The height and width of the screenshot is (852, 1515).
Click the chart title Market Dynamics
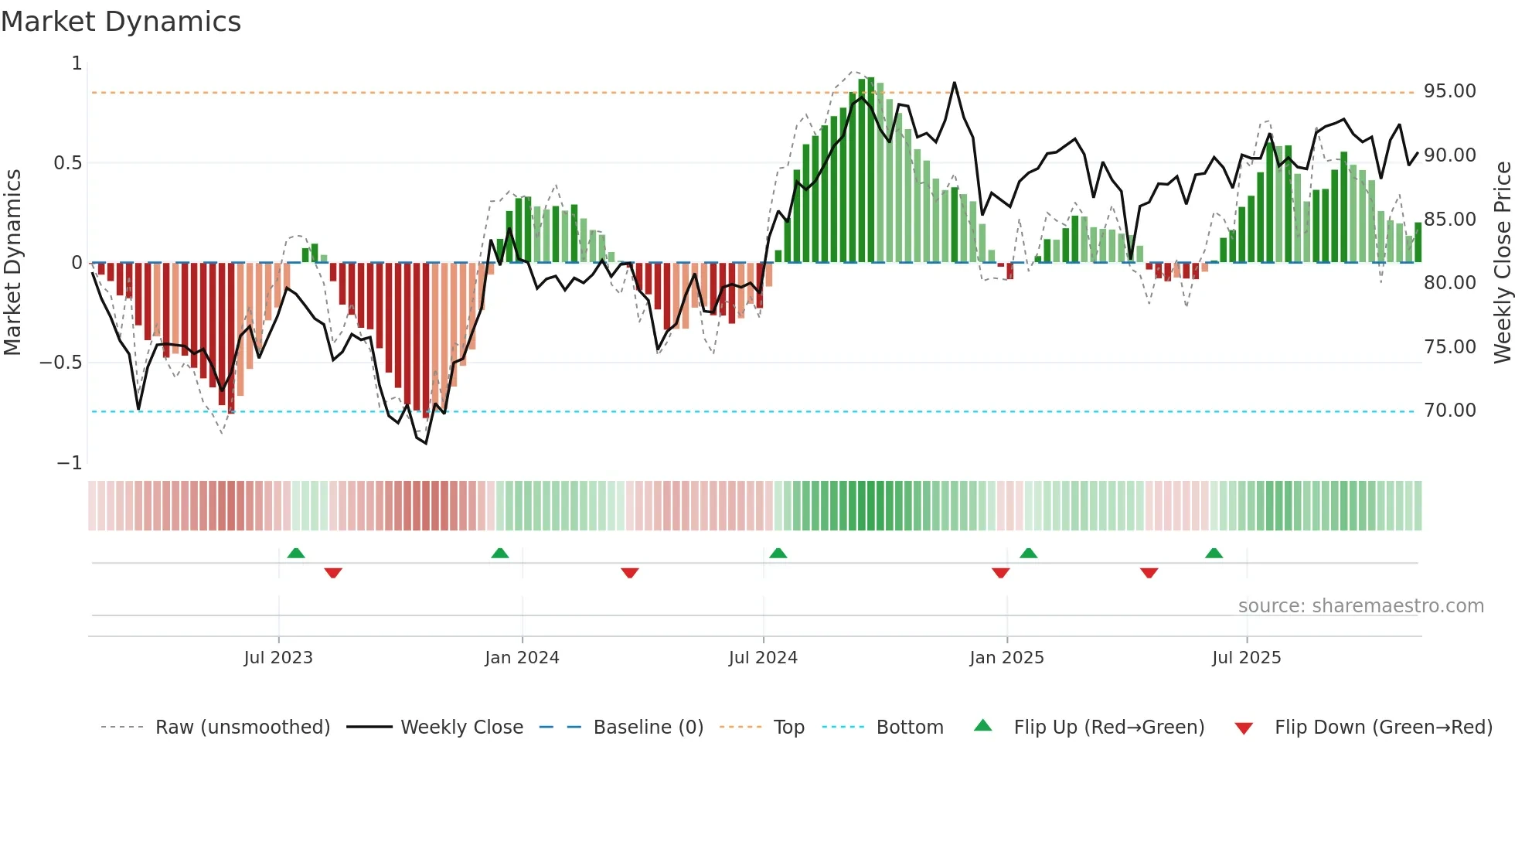121,22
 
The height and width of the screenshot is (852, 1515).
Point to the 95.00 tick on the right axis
1449,91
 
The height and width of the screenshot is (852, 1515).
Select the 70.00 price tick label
1449,411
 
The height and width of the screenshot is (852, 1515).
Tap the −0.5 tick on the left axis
60,363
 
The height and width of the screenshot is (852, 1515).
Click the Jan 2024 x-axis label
522,658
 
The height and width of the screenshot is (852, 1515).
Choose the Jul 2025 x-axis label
1246,658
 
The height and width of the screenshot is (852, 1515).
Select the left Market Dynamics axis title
12,263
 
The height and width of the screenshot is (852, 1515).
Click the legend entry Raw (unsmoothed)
242,728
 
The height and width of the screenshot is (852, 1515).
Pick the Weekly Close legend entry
461,728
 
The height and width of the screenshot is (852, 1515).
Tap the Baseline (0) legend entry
648,728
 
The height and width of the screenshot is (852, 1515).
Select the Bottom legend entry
909,728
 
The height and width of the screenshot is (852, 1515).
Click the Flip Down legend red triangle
1244,728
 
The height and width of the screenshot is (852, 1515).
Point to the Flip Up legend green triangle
982,725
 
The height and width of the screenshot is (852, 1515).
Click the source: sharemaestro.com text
1360,606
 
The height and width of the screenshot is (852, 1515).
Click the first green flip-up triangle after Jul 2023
296,553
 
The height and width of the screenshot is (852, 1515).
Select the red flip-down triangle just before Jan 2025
1000,573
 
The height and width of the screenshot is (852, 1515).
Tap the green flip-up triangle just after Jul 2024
778,553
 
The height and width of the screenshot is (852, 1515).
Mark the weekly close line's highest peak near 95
955,83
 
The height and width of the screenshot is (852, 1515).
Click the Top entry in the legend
788,728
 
